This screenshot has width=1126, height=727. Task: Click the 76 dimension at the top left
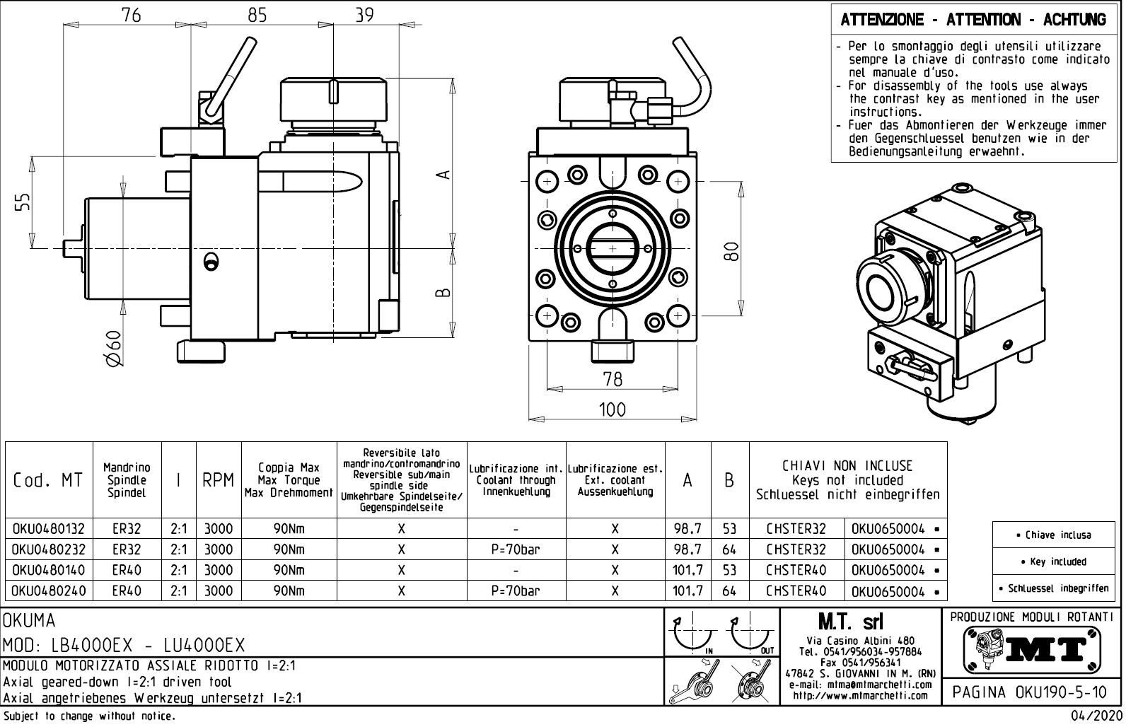pos(132,15)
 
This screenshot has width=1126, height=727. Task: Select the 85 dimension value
pos(257,15)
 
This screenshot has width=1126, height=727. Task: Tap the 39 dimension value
pos(364,15)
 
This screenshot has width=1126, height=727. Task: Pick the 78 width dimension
pos(613,379)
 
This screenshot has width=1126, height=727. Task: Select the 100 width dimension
pos(613,409)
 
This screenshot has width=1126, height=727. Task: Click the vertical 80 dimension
pos(732,250)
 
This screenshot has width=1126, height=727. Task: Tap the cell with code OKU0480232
pos(49,549)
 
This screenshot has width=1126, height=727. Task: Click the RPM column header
pos(218,480)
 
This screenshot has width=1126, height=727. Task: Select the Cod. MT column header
pos(49,480)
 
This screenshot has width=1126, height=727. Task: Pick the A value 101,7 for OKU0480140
pos(687,570)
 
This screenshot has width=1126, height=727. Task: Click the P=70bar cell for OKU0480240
pos(516,591)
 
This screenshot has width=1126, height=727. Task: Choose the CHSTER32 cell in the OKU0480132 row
pos(796,529)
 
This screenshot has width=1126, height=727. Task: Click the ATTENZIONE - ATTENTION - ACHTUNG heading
pos(973,20)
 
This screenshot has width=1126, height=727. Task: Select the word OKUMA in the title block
pos(30,621)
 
